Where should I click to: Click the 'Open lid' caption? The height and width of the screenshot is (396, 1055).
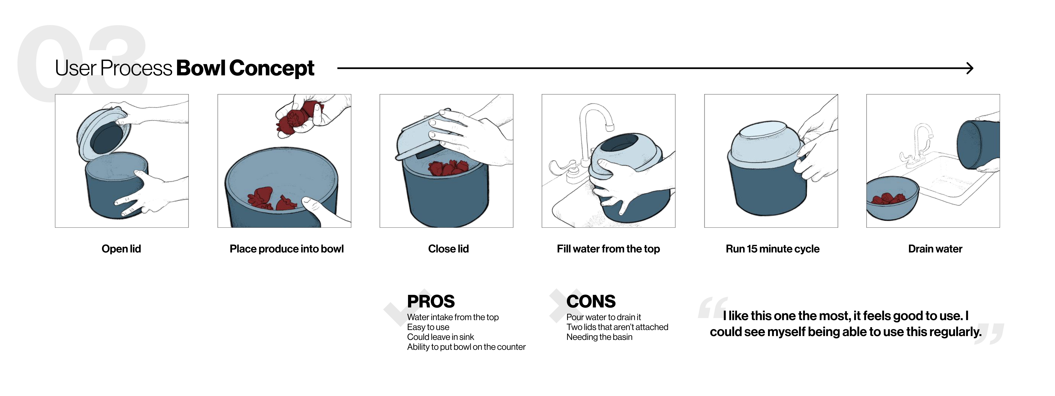[121, 249]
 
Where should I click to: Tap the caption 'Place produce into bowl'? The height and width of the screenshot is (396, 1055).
[286, 249]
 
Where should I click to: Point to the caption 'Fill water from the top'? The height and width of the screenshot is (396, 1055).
[608, 249]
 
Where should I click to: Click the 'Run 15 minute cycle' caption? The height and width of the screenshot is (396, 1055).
[772, 249]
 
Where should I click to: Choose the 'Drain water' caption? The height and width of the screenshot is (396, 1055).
[935, 249]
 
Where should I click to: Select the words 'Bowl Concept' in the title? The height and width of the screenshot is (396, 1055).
[245, 68]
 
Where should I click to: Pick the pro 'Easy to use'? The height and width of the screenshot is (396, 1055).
[428, 327]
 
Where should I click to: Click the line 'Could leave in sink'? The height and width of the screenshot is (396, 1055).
[440, 337]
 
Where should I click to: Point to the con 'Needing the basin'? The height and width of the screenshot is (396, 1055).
[599, 337]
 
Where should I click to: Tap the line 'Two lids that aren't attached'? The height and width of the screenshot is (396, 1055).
[617, 327]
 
